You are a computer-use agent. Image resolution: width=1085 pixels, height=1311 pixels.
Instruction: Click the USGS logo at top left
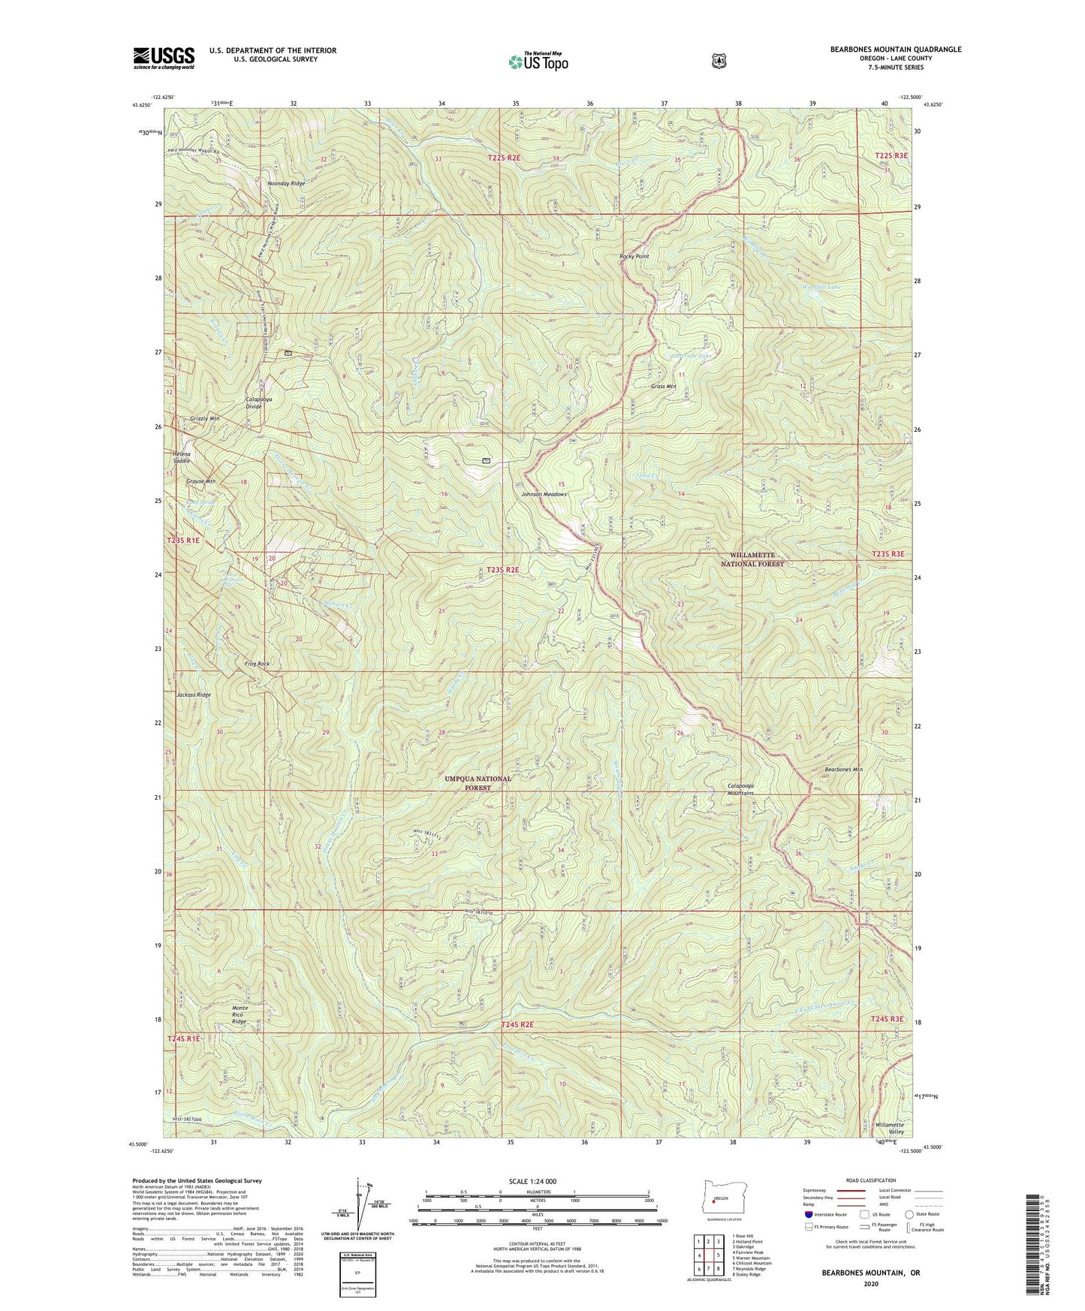[x=164, y=57]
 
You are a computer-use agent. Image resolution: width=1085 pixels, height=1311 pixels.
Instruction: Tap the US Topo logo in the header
[x=538, y=62]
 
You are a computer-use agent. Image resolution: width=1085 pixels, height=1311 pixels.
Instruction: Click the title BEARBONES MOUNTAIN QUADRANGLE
[x=895, y=50]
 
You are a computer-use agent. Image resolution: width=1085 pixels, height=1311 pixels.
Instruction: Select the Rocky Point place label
[x=634, y=257]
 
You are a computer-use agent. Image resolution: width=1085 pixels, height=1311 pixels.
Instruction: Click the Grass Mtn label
[x=663, y=387]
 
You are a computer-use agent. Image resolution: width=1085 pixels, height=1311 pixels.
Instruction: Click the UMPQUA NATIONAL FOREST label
[x=478, y=783]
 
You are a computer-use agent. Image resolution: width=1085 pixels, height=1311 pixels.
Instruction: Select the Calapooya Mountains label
[x=740, y=789]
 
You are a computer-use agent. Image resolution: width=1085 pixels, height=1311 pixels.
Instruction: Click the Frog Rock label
[x=257, y=664]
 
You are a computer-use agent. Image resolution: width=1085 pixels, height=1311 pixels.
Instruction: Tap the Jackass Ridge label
[x=194, y=695]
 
